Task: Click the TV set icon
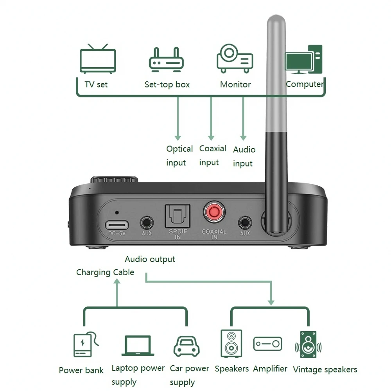pos(97,59)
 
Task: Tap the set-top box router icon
pos(166,60)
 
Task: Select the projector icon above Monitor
pos(235,58)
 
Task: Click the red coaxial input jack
pos(213,212)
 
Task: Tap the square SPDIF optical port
pos(178,215)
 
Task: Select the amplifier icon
pos(267,344)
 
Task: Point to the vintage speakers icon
pos(308,345)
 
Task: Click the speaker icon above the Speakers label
pos(231,343)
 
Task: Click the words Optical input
pos(179,156)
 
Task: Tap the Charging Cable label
pos(105,273)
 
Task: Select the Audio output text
pos(150,259)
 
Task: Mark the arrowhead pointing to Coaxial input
pos(211,137)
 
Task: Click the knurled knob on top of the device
pos(114,180)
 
